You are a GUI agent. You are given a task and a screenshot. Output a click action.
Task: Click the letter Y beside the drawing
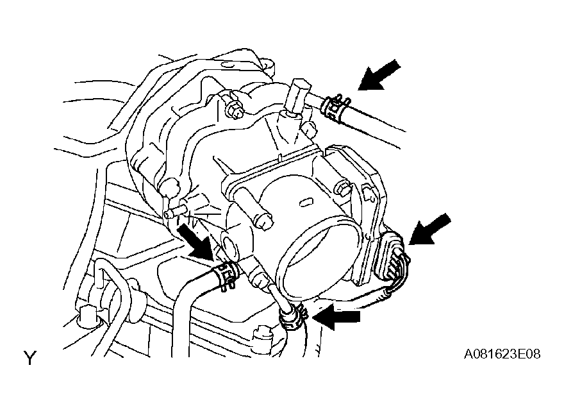pyautogui.click(x=30, y=358)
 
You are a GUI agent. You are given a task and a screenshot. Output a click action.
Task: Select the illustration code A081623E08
pyautogui.click(x=502, y=354)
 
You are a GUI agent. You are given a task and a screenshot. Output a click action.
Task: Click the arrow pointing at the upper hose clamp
pyautogui.click(x=379, y=75)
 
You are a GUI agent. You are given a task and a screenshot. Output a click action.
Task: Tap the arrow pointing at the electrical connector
pyautogui.click(x=429, y=229)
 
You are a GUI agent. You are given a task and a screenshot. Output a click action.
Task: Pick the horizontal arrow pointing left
pyautogui.click(x=336, y=317)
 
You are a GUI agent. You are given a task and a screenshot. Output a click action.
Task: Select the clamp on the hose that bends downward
pyautogui.click(x=226, y=274)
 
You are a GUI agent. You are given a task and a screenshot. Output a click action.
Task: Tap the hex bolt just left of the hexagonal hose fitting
pyautogui.click(x=234, y=107)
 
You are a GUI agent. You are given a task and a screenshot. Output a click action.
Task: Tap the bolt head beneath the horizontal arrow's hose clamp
pyautogui.click(x=263, y=335)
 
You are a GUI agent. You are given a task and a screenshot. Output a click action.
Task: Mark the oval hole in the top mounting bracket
pyautogui.click(x=226, y=65)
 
